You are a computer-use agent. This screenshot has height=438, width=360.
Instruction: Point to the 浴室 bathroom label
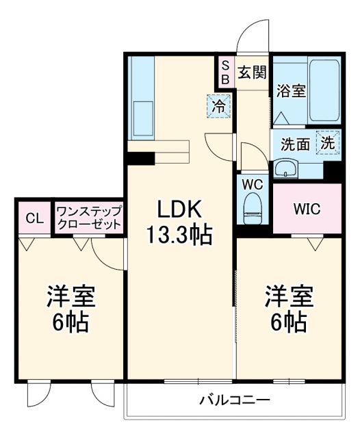(x=290, y=91)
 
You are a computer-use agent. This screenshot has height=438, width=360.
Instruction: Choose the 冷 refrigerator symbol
(x=218, y=106)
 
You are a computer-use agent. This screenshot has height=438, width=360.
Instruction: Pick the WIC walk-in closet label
(x=306, y=209)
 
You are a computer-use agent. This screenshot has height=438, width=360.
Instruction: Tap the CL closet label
(x=34, y=218)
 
